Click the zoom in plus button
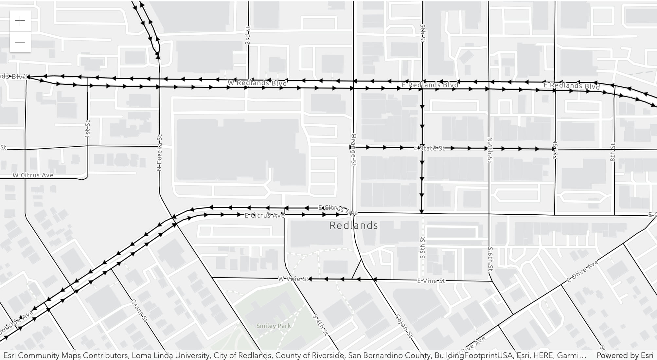20,21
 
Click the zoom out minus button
20,42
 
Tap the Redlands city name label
353,225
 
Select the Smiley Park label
274,326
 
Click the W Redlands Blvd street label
257,83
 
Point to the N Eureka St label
159,153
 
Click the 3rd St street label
248,35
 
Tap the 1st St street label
87,129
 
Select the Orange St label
353,151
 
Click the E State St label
430,148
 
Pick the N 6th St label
490,150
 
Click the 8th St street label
613,152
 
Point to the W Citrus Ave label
33,175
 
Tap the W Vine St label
293,279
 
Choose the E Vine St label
431,281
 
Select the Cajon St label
404,326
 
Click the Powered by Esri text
625,355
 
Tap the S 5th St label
422,247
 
